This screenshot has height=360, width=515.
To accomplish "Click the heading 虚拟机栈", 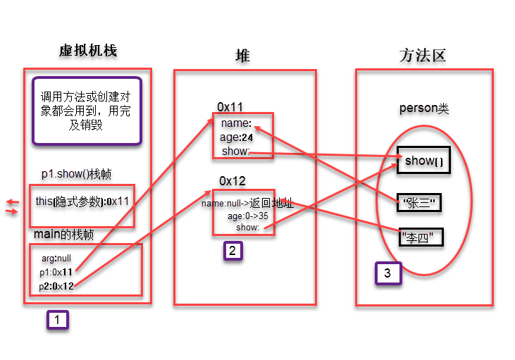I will [x=88, y=51].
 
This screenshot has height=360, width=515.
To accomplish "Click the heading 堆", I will [x=242, y=56].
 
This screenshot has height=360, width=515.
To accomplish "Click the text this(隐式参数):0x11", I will [x=81, y=201].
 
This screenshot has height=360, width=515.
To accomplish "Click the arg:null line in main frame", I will [x=56, y=258].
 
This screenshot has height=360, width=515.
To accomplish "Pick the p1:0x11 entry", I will [x=57, y=272].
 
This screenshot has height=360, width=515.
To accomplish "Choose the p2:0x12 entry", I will [x=57, y=285].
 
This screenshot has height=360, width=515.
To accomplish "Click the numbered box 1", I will [x=58, y=320].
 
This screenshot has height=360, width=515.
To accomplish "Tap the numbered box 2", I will [x=234, y=252].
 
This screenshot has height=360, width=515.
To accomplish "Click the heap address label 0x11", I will [x=230, y=107].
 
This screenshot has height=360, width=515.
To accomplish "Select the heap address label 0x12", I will [x=232, y=181].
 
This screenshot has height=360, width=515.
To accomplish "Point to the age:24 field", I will [x=237, y=137].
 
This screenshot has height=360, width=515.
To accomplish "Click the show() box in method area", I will [x=423, y=161].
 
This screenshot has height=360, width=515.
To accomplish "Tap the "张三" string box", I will [x=419, y=204].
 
